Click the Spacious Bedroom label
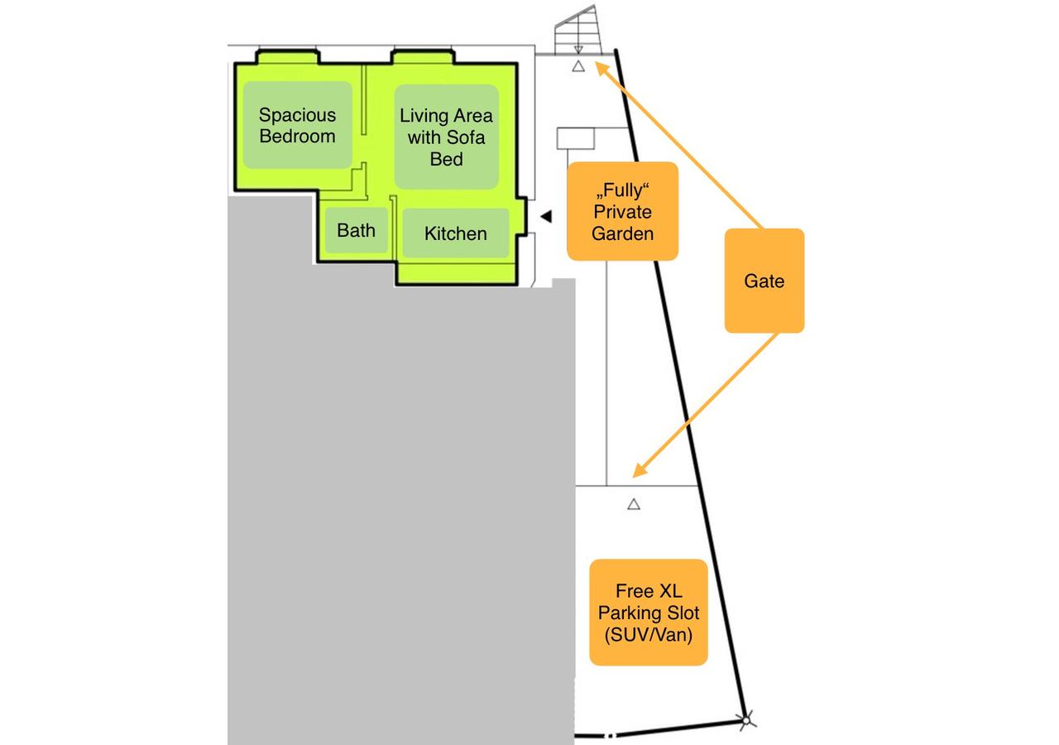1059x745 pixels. point(298,125)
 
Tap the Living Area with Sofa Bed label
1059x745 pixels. point(446,137)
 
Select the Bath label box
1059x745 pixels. point(356,230)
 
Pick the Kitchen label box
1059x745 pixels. point(455,233)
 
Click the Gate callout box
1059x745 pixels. point(764,281)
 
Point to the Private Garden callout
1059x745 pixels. point(622,212)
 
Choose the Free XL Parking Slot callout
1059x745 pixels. point(648,613)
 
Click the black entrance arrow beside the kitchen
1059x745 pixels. point(545,216)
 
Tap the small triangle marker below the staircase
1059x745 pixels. point(578,66)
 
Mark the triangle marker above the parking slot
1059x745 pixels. point(634,503)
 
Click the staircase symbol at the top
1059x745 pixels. point(578,31)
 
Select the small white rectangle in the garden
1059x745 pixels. point(576,138)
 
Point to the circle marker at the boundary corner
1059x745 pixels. point(745,721)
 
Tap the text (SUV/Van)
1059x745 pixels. point(648,635)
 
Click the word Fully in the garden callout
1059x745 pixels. point(622,190)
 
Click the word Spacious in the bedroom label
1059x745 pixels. point(298,115)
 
